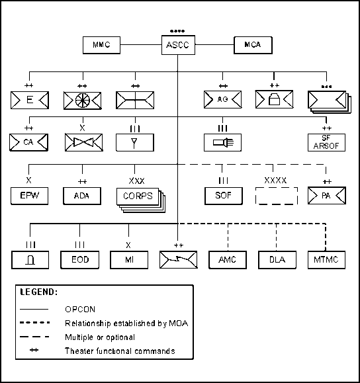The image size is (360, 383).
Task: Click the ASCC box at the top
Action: click(x=178, y=45)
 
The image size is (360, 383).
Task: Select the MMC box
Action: click(x=101, y=45)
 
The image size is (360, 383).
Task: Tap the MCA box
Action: click(x=253, y=45)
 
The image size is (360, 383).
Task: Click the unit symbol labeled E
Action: click(x=30, y=100)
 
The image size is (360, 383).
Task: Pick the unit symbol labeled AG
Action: click(x=222, y=99)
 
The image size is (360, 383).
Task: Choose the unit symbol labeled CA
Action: click(x=28, y=142)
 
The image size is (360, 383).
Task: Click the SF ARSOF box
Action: click(x=326, y=142)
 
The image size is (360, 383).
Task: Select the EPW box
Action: click(x=29, y=196)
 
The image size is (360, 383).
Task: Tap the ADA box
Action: click(x=82, y=196)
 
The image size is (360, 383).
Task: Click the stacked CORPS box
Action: click(x=138, y=196)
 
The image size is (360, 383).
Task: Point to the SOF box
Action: click(x=224, y=196)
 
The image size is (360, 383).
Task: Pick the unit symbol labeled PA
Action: click(x=327, y=196)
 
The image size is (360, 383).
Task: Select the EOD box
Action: click(x=80, y=260)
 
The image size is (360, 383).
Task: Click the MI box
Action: click(x=129, y=260)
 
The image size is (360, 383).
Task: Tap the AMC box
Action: click(x=228, y=260)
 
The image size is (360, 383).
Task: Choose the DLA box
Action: click(x=277, y=260)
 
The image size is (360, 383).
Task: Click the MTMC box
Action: click(x=326, y=260)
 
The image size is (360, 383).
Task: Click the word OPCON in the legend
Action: click(x=80, y=310)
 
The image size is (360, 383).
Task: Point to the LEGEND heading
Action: click(x=39, y=292)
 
